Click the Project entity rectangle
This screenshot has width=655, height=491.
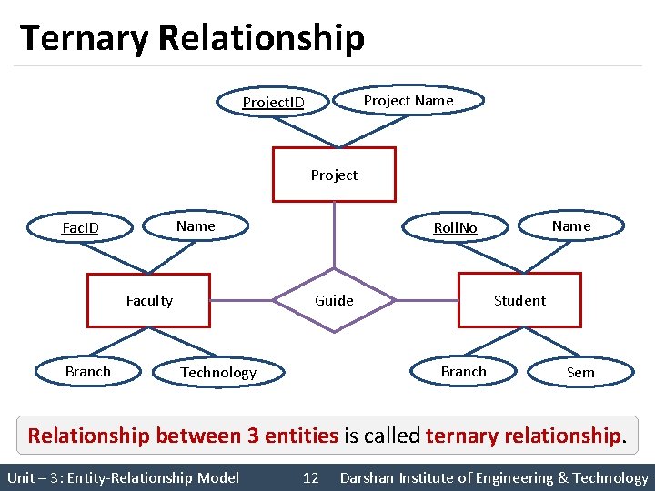tap(334, 174)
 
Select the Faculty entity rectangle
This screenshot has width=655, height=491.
tap(148, 300)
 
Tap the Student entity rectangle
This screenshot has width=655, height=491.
tap(519, 300)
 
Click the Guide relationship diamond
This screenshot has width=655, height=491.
tap(334, 300)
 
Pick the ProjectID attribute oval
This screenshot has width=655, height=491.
tap(273, 102)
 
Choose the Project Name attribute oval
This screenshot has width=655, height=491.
tap(408, 100)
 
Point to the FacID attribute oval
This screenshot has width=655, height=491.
tap(80, 227)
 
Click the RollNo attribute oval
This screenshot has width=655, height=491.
tap(455, 227)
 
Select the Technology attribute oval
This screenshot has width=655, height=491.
tap(218, 372)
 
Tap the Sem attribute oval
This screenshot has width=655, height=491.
tap(580, 372)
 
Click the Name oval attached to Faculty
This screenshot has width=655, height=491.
tap(196, 225)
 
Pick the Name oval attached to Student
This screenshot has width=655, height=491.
tap(571, 225)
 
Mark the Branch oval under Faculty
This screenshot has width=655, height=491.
tap(88, 371)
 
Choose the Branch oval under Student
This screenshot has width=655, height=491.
tap(464, 371)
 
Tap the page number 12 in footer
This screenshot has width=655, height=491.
tap(310, 477)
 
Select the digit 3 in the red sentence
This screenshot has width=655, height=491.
tap(253, 436)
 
